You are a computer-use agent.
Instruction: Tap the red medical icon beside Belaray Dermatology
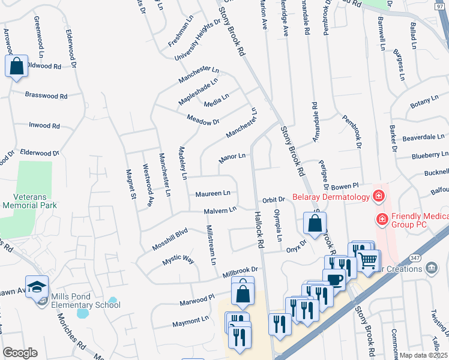pos(378,196)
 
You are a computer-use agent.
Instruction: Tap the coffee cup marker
pos(334,279)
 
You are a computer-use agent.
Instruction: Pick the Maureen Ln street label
pos(212,194)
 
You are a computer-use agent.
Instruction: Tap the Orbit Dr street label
pos(272,199)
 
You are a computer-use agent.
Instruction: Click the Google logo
pos(20,353)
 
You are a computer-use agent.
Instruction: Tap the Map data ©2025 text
pos(423,355)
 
